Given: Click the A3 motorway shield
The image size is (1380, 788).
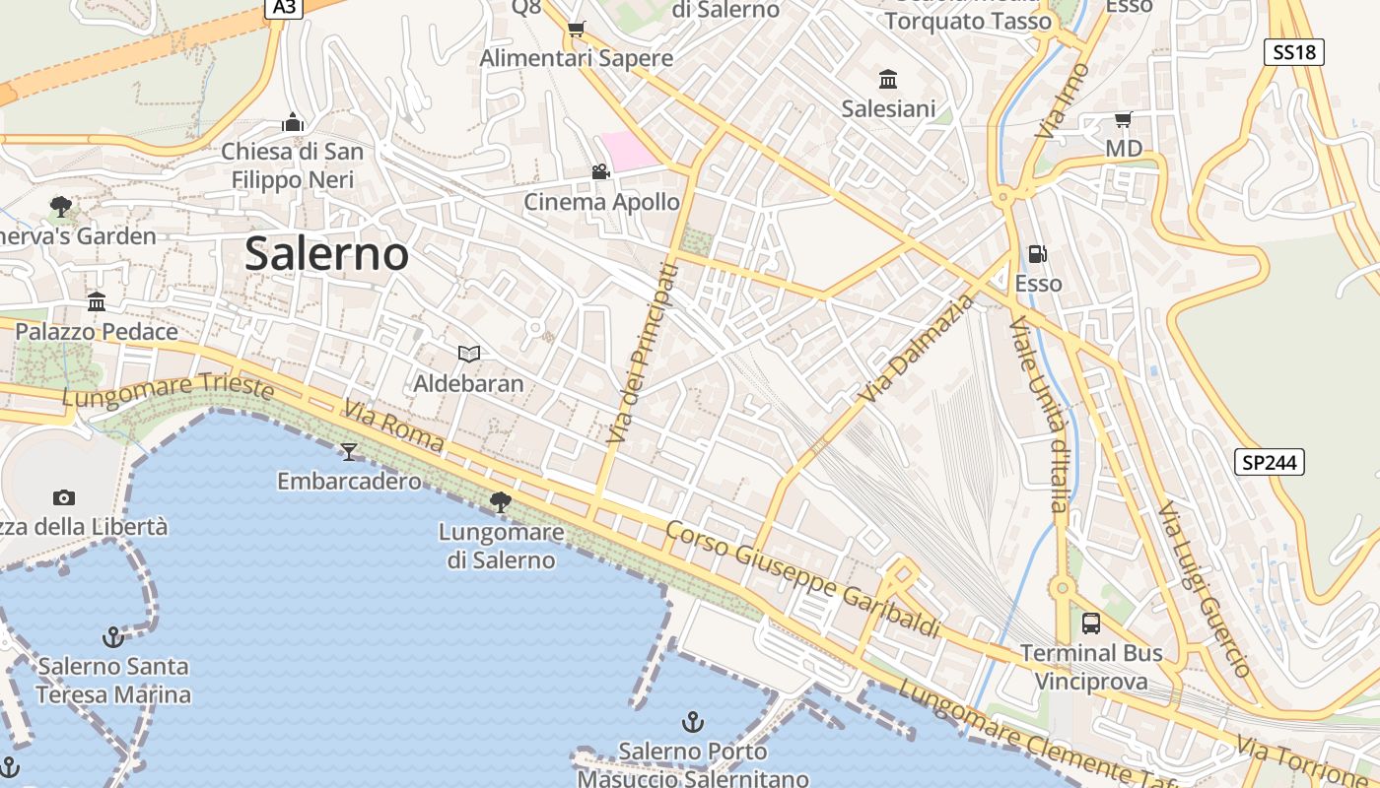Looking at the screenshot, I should [x=284, y=7].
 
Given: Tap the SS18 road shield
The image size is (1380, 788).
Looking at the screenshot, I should [x=1294, y=52].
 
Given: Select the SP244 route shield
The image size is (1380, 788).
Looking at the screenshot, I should [x=1270, y=461].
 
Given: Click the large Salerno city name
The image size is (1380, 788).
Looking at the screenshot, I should [x=326, y=254].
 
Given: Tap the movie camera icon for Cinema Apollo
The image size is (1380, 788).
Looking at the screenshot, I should [x=600, y=172].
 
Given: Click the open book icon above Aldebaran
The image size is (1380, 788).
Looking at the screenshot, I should [x=469, y=354].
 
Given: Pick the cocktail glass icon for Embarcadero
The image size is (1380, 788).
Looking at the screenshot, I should [x=349, y=451].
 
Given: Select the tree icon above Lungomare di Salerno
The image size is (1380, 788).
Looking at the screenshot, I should [x=501, y=502].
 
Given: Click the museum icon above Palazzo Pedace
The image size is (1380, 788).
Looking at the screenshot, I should [x=97, y=301].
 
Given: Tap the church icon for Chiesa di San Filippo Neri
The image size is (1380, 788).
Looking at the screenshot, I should [x=293, y=122].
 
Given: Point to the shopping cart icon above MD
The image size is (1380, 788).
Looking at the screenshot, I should [x=1123, y=119].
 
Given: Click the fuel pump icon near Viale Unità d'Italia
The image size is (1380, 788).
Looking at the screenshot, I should [x=1037, y=254].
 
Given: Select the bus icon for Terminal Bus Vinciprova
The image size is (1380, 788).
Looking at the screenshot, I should [x=1091, y=623].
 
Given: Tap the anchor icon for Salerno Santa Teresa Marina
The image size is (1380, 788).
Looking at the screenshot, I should [x=113, y=637].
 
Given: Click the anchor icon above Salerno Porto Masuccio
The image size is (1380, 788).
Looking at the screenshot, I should [x=693, y=722].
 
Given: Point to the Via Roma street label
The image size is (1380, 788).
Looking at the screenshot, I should [x=393, y=427].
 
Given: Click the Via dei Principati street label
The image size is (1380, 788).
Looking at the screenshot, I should [x=643, y=354].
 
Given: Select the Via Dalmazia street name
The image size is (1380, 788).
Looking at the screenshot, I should [x=916, y=349].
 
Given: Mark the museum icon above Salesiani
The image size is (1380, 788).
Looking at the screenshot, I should [x=887, y=79].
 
